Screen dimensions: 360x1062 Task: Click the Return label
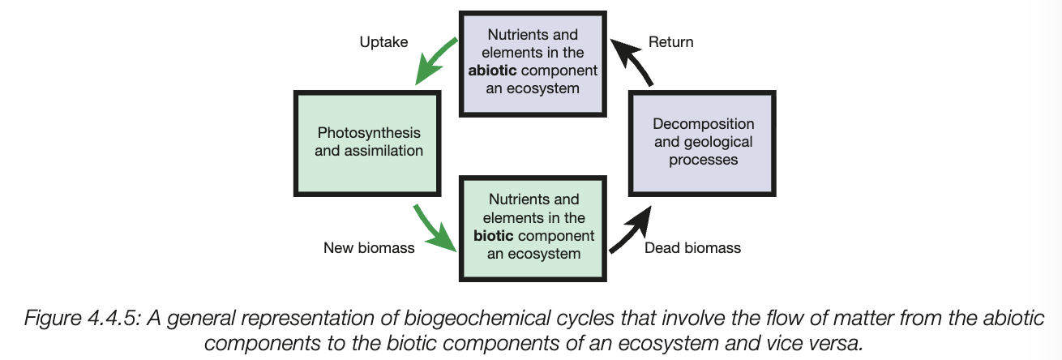[670, 41]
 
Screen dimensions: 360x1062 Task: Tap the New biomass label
[369, 248]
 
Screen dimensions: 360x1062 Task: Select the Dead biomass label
[692, 248]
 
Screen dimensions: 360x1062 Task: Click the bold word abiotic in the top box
[495, 70]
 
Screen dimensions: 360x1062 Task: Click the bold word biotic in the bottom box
[499, 235]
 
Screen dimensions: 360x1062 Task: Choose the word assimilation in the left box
[383, 150]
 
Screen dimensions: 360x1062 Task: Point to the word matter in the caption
[777, 316]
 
